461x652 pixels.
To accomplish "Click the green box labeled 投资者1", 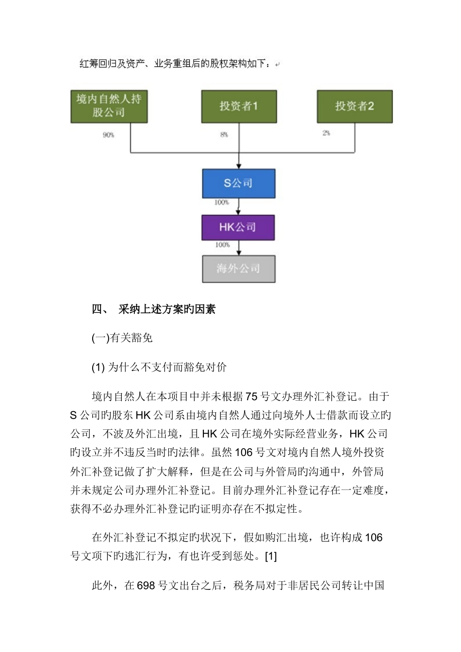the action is coord(239,106).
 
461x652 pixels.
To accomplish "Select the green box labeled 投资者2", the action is coord(354,106).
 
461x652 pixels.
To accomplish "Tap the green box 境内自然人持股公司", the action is coord(109,106).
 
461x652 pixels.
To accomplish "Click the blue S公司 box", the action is coord(238,183).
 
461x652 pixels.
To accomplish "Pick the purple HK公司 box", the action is coord(238,227).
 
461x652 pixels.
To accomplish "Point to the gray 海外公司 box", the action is coord(238,269).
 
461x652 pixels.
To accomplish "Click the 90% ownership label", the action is coord(108,135).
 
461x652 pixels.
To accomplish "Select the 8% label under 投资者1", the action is coord(224,134).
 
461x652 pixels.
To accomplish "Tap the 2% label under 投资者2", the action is coord(326,133).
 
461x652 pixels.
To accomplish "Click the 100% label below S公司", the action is coord(222,202).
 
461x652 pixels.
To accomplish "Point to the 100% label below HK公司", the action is coord(222,245).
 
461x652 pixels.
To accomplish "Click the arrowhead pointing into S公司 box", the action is coord(238,166).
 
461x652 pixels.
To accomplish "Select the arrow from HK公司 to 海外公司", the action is coord(238,248).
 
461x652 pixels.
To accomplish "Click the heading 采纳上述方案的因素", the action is coord(167,310).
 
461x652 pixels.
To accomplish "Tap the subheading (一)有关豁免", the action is coord(122,338).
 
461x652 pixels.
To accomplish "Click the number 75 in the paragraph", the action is coord(252,397).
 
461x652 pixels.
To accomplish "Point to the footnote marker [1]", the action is coord(271,556).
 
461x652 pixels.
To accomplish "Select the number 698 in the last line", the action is coord(146,586).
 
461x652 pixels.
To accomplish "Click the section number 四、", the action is coord(100,310).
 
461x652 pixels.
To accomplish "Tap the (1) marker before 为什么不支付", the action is coord(98,367).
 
